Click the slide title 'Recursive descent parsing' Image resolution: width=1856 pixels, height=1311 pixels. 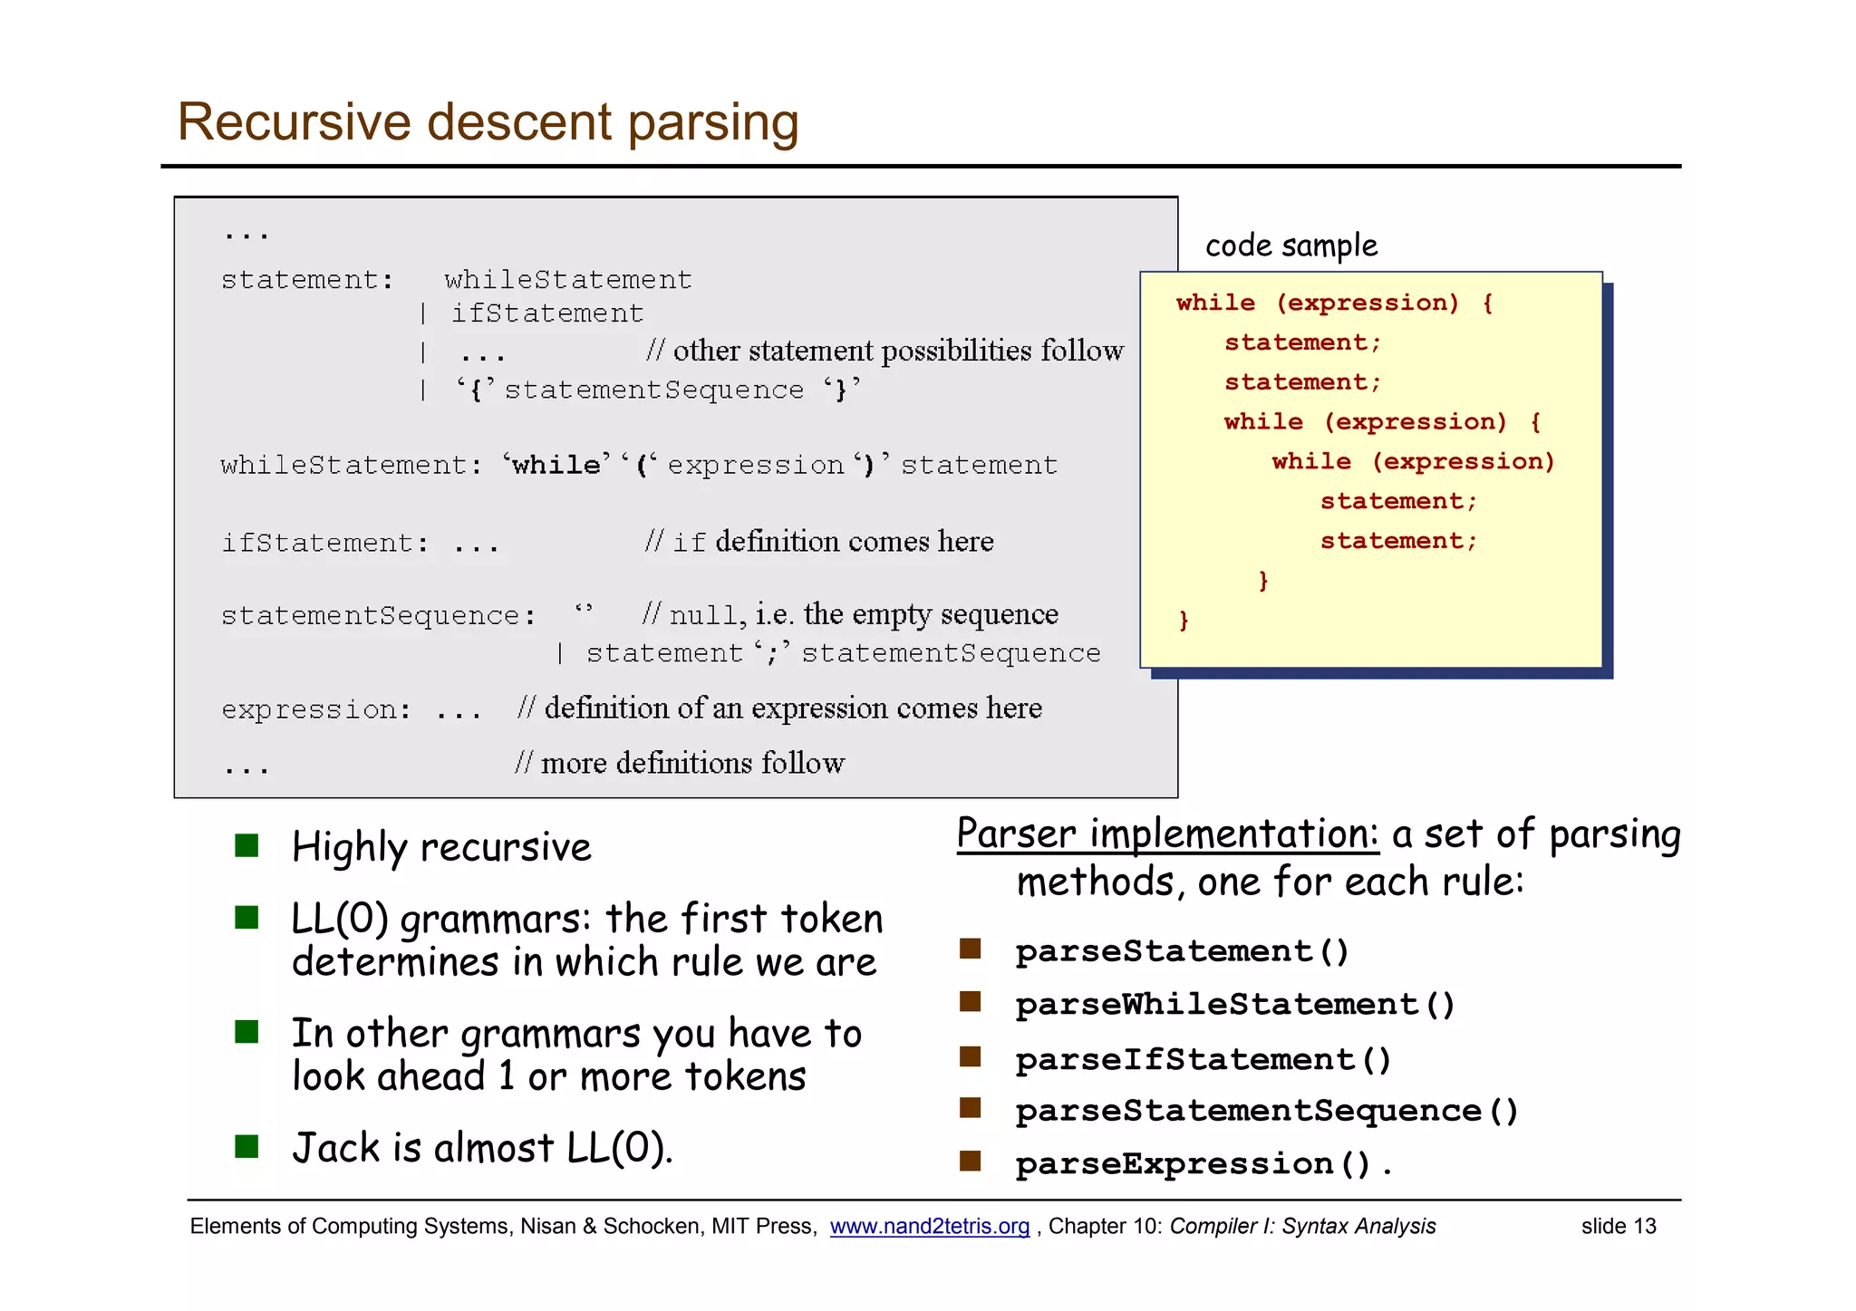coord(488,122)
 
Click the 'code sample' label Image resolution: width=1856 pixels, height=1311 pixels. coord(1290,246)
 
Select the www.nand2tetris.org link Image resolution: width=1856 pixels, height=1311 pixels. coord(929,1226)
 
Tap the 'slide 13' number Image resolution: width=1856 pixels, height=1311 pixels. coord(1618,1226)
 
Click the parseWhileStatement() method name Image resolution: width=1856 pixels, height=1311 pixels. coord(1234,1004)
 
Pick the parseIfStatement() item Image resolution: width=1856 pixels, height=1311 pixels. coord(1203,1058)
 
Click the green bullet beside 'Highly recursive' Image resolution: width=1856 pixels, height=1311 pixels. coord(246,846)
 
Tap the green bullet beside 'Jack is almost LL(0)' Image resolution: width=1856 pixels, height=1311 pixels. coord(246,1147)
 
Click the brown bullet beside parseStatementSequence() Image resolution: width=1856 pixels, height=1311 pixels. coord(971,1108)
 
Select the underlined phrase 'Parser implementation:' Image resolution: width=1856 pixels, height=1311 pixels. coord(1167,834)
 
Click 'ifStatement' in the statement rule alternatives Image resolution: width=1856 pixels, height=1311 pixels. coord(547,313)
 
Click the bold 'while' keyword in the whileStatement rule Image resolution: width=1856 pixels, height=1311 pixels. coord(556,466)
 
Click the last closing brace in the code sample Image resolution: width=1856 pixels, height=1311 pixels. coord(1183,620)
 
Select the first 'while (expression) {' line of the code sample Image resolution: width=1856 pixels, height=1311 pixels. coord(1333,303)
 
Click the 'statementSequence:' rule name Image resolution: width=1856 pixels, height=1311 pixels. coord(378,616)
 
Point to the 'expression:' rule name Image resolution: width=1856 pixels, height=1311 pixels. coord(315,709)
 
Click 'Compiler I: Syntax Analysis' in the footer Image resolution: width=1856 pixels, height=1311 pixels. coord(1302,1226)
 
